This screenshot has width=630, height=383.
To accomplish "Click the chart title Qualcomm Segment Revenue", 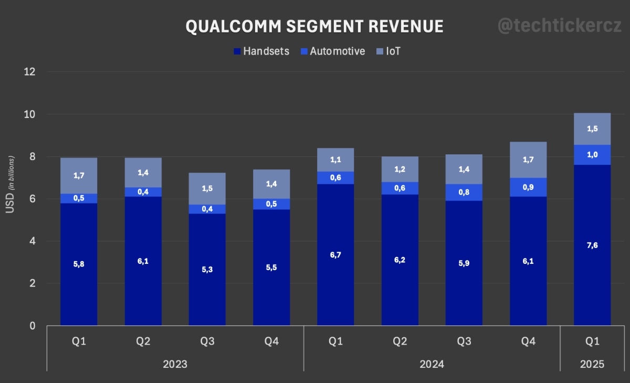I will (x=314, y=27).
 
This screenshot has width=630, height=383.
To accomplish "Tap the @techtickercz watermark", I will (x=559, y=26).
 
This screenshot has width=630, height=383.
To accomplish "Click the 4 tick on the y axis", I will (x=33, y=241).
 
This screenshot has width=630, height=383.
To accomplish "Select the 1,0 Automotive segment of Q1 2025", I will (x=592, y=155).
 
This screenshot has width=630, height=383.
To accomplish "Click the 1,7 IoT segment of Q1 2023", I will (x=79, y=175).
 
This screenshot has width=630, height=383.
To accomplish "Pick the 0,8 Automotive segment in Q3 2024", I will (x=464, y=192).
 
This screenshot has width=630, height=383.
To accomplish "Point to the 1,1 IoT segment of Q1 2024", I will (x=335, y=160).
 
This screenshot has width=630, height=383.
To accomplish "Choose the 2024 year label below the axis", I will (x=432, y=364).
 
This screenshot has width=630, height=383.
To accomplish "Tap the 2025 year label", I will (x=592, y=364).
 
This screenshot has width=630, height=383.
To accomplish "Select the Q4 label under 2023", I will (x=271, y=342).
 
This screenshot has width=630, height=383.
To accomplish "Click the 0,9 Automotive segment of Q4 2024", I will (x=528, y=187).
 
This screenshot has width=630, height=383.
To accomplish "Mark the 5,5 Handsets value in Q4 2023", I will (x=271, y=267).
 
